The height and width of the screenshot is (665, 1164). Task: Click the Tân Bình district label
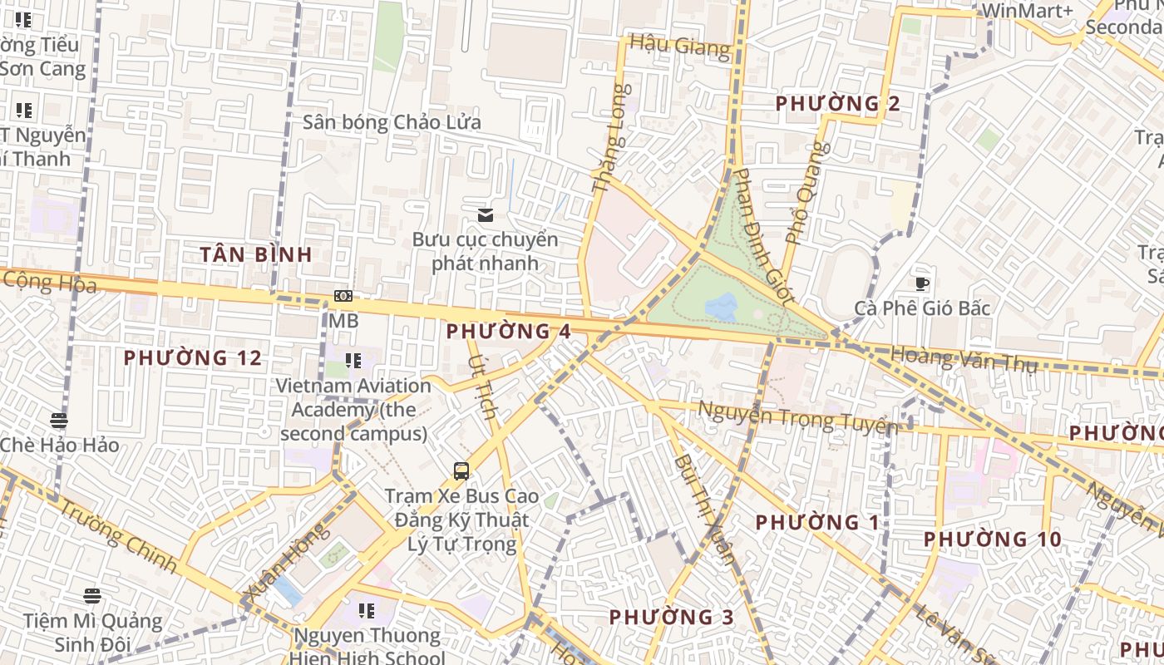click(256, 254)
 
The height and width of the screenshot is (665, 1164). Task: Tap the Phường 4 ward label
click(508, 331)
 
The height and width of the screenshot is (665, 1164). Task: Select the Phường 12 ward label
click(193, 358)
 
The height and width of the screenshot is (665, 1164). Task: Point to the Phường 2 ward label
click(838, 104)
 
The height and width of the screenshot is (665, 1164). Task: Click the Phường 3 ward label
click(672, 617)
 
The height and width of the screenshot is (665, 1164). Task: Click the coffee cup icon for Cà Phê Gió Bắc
click(922, 284)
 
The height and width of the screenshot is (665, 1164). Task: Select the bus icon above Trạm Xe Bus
click(461, 471)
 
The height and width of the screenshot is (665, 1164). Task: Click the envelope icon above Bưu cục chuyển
click(486, 216)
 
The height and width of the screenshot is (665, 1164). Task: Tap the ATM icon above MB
click(343, 296)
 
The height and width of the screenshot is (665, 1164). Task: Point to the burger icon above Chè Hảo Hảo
click(58, 421)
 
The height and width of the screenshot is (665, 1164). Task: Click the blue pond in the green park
click(721, 307)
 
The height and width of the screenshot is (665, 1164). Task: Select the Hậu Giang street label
click(679, 45)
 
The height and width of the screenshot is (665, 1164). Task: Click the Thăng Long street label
click(608, 139)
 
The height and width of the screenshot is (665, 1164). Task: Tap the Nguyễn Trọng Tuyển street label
click(798, 416)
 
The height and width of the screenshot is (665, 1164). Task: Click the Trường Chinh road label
click(119, 539)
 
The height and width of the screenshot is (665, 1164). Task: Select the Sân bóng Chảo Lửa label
click(392, 122)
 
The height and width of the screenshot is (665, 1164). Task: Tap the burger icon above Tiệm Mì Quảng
click(92, 596)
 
